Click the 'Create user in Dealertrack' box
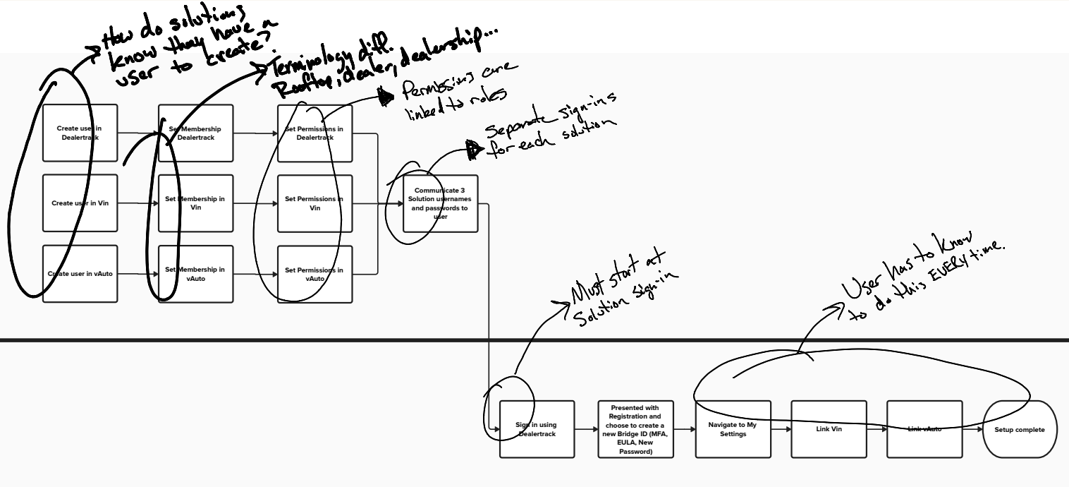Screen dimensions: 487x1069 point(80,133)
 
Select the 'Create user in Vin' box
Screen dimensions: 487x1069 point(80,203)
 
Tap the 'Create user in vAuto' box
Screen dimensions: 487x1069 point(80,274)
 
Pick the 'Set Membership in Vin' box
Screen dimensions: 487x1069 point(195,203)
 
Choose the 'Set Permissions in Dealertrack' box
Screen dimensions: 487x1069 point(314,133)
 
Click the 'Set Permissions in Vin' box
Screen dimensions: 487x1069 point(314,203)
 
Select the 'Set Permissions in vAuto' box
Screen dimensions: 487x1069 point(314,274)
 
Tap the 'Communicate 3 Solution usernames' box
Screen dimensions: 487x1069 point(440,203)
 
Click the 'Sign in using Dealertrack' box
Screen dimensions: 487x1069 point(537,429)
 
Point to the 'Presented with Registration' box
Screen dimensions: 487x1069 point(635,429)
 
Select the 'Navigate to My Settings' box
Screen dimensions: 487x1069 point(733,429)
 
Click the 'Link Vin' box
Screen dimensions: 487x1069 point(829,429)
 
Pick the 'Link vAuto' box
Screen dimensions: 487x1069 point(924,429)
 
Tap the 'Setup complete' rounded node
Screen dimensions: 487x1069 point(1020,429)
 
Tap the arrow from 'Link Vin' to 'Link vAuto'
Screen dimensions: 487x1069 point(876,428)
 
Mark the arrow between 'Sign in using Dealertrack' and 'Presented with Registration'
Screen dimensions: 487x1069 point(586,428)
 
